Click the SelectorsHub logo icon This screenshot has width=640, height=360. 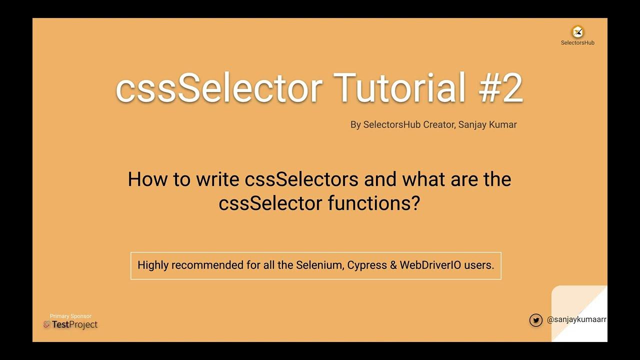[x=577, y=32]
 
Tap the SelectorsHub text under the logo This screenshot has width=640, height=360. [x=577, y=43]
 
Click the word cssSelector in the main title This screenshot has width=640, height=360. [x=218, y=87]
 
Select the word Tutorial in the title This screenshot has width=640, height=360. [x=402, y=87]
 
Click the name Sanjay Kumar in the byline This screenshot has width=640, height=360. [x=487, y=124]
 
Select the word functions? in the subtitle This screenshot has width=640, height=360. [x=373, y=203]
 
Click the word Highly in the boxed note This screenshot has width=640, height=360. [x=153, y=265]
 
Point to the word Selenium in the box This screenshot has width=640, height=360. [x=318, y=265]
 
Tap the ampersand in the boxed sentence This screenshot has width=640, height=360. [x=393, y=265]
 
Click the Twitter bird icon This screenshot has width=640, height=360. [x=535, y=320]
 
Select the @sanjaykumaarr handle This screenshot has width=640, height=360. [x=576, y=319]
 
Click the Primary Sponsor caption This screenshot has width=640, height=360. [x=70, y=316]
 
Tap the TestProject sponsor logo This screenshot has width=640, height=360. [x=70, y=324]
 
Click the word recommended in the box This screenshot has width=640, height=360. [x=207, y=265]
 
